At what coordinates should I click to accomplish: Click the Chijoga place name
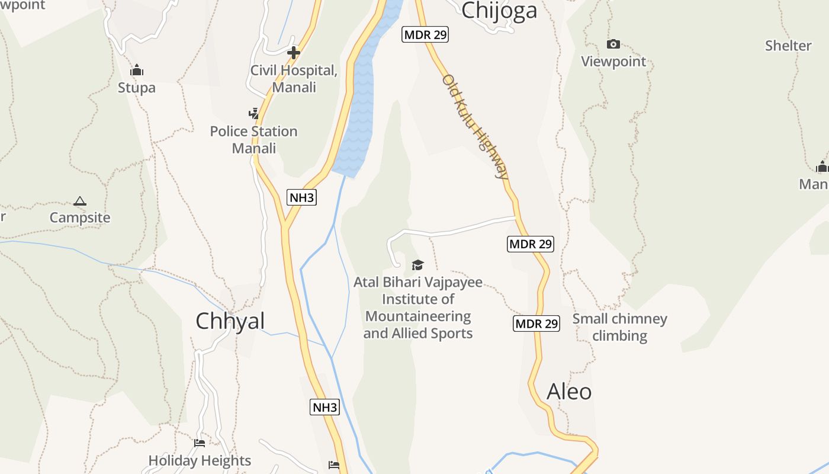(499, 10)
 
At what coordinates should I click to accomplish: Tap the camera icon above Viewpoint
(613, 44)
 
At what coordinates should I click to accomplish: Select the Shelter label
(788, 46)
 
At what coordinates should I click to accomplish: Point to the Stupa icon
(137, 71)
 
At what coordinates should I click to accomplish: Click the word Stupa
(137, 88)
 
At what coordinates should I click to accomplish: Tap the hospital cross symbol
(293, 53)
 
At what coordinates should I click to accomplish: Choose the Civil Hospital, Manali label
(294, 79)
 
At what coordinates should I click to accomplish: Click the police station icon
(253, 113)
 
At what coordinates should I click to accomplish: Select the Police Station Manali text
(253, 139)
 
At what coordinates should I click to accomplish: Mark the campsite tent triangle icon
(80, 201)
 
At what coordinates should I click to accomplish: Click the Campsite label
(80, 217)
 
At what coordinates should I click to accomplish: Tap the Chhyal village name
(230, 321)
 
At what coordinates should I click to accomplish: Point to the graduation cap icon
(418, 265)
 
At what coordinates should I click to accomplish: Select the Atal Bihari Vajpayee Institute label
(418, 308)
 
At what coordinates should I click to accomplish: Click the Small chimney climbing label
(619, 327)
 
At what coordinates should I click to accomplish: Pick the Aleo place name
(569, 392)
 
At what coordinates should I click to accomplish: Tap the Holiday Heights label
(200, 460)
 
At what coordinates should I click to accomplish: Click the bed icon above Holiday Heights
(200, 443)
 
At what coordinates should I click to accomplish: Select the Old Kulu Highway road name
(475, 126)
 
